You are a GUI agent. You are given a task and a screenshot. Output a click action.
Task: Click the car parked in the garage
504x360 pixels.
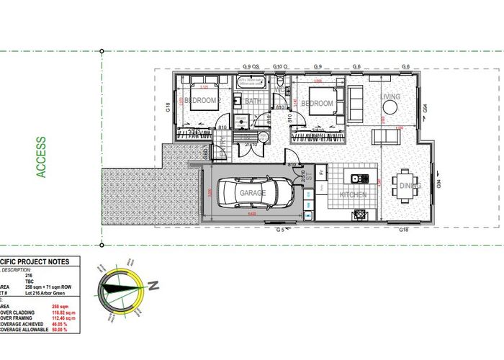[253, 193]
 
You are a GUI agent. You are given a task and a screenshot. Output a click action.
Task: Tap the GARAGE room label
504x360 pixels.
[253, 193]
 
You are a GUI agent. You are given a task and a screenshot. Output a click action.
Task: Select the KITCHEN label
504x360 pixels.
[353, 194]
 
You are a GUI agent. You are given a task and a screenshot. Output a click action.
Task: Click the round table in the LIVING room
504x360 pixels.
[390, 108]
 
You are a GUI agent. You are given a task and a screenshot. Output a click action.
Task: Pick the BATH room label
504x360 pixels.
[253, 102]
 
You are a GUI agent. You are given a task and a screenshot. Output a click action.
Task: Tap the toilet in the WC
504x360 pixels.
[279, 84]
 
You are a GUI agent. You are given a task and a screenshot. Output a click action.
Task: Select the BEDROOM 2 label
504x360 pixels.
[201, 102]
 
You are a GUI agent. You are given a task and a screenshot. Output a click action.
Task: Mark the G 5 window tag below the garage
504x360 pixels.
[281, 230]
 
